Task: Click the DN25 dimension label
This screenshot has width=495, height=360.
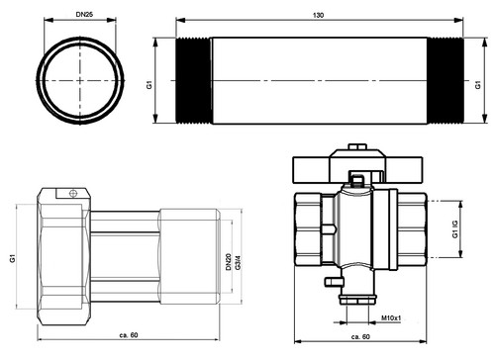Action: [x=84, y=14]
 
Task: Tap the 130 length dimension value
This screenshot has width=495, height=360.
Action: [x=318, y=15]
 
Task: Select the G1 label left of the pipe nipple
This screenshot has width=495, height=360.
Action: [x=149, y=85]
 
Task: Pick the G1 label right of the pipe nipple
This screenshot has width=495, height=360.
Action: [x=478, y=85]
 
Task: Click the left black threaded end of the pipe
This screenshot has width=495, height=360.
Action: [x=194, y=81]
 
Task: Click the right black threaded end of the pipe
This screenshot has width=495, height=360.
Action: [x=445, y=81]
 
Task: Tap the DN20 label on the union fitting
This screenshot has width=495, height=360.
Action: [x=229, y=262]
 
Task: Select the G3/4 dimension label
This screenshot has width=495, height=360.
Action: [x=239, y=262]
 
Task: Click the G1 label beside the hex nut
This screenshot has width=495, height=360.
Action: [x=13, y=258]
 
